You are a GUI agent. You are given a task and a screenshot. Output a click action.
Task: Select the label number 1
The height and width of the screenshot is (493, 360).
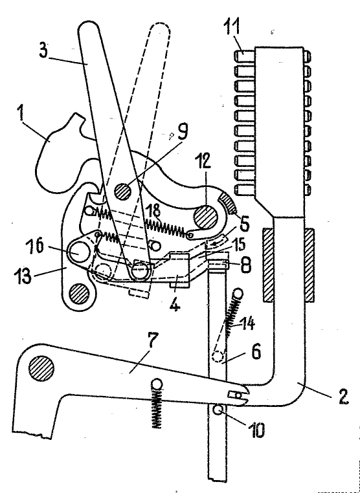pos(21,115)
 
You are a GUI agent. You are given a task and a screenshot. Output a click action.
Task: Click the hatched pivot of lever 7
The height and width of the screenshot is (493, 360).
pos(41,367)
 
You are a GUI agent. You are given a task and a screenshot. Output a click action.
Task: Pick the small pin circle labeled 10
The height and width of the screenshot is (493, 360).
pos(217,410)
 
